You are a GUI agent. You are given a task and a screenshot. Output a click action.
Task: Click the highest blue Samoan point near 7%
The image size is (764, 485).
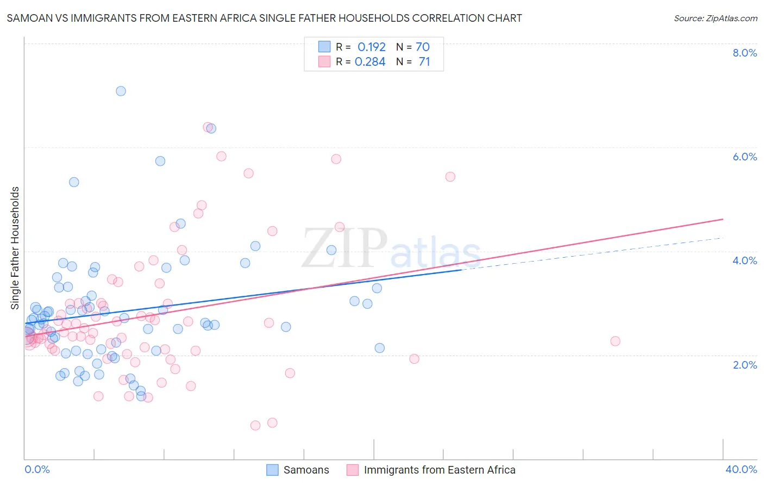tap(121, 91)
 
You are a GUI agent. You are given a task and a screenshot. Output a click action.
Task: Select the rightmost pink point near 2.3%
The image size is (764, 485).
tap(615, 341)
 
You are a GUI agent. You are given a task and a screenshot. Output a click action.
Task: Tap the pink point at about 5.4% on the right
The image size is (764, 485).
tap(450, 177)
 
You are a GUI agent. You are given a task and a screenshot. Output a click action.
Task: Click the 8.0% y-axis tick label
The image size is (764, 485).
tap(744, 53)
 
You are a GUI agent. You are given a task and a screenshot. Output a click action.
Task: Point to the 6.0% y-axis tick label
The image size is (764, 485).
tap(744, 157)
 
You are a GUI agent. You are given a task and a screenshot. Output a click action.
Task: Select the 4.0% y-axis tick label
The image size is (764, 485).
tap(744, 260)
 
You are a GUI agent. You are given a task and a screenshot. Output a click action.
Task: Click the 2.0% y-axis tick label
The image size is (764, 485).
tap(744, 365)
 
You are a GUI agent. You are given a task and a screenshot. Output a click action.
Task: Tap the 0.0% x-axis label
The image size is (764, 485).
tap(37, 469)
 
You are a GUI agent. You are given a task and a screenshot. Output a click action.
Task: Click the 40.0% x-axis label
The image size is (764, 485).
tap(741, 469)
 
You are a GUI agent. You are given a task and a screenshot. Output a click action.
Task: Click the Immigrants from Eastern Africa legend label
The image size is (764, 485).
tap(439, 470)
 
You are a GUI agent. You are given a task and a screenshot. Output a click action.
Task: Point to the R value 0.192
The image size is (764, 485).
tap(371, 47)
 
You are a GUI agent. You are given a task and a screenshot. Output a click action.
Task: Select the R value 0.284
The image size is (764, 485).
tap(370, 61)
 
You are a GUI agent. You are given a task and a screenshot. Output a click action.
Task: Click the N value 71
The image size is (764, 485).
tap(424, 61)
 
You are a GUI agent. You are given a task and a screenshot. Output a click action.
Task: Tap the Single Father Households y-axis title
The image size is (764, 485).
tap(15, 248)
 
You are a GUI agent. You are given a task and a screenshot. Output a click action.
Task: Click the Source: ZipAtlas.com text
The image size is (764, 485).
tap(715, 18)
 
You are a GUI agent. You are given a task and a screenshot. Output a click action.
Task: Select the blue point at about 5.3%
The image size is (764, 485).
tap(74, 182)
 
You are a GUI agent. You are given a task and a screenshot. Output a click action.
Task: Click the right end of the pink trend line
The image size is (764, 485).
tap(723, 219)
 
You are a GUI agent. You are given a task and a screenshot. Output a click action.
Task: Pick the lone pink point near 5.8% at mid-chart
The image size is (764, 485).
tap(336, 159)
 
